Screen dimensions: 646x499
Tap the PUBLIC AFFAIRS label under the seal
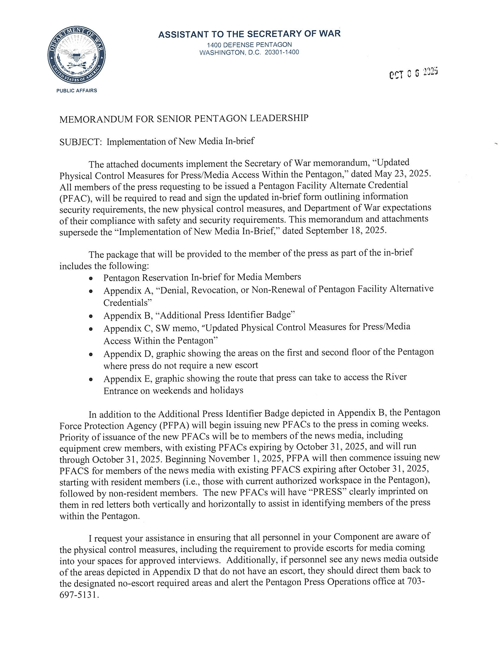77,91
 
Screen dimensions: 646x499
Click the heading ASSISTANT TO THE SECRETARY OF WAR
249,34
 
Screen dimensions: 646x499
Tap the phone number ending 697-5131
79,594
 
